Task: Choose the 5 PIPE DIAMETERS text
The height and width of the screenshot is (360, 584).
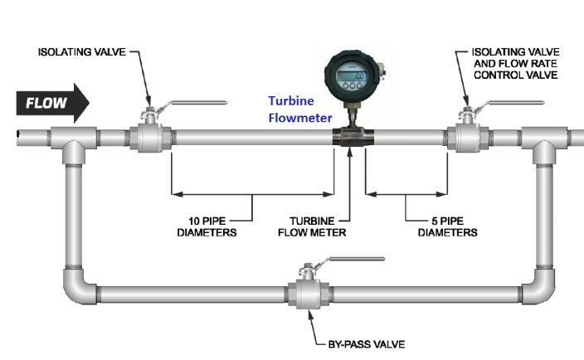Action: click(447, 226)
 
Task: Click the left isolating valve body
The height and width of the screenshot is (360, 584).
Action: click(149, 135)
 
